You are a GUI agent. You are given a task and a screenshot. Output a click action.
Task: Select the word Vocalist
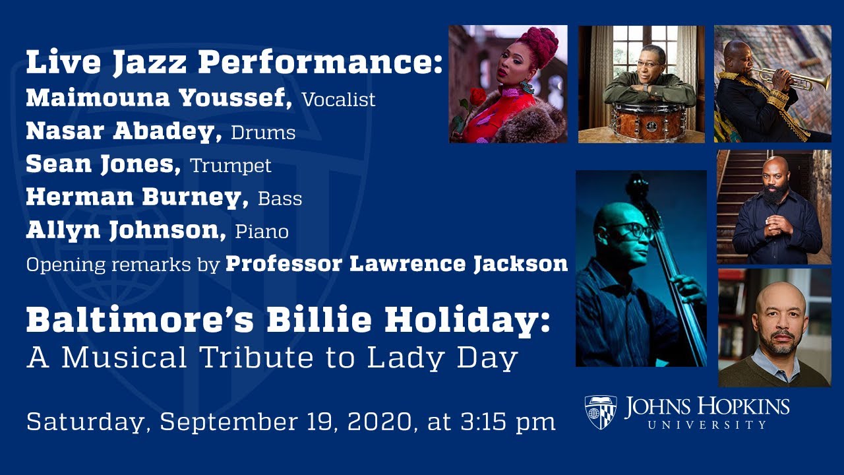pos(338,100)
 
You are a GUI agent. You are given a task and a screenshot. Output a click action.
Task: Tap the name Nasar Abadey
pos(123,131)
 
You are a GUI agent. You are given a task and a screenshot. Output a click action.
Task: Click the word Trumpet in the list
pos(231,166)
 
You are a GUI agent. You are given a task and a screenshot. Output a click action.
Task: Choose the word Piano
pos(262,232)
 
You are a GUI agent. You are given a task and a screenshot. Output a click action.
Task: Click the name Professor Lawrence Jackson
pos(396,264)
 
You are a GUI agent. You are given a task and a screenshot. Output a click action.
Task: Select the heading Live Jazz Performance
pos(234,63)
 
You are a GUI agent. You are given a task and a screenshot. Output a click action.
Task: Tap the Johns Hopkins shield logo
pos(600,412)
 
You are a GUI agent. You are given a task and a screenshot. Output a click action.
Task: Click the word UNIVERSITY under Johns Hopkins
pos(707,425)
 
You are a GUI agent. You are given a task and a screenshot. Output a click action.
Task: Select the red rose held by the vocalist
pos(477,98)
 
